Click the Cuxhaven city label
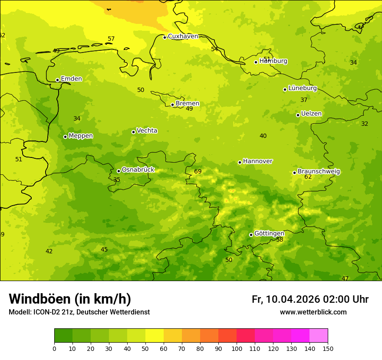pos(183,36)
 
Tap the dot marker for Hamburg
pos(256,62)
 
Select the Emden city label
pos(71,79)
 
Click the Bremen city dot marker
pos(172,105)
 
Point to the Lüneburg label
pos(302,88)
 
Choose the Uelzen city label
pos(311,114)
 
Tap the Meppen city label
pos(81,136)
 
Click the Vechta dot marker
pos(133,132)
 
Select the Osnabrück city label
pos(138,170)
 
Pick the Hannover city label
pos(257,161)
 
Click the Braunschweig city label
pos(319,172)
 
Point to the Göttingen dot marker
pos(251,235)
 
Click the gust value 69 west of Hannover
pos(198,172)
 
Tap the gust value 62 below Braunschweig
pos(308,177)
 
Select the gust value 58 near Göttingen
pos(280,240)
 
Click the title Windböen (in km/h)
pos(70,299)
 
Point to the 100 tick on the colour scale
pos(237,348)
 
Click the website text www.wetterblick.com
pos(313,312)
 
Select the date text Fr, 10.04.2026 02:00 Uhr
pos(310,299)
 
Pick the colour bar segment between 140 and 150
pos(319,336)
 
